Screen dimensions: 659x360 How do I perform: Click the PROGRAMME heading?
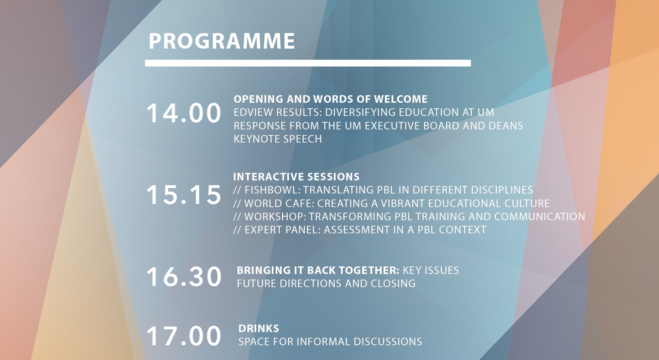pos(222,41)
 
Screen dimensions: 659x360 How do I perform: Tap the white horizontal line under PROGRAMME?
pos(308,63)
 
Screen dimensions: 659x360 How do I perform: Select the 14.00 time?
pos(184,113)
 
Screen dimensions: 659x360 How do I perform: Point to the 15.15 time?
pos(184,195)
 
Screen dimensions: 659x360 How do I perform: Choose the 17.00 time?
pos(184,336)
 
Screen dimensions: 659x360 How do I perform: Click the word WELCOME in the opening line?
pos(401,99)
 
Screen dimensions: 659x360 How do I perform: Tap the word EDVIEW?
pos(253,112)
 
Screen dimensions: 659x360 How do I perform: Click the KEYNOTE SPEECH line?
pos(278,139)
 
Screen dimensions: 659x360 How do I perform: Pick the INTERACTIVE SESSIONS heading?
pos(296,177)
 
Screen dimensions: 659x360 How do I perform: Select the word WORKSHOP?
pos(275,217)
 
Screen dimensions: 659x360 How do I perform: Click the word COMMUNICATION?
pos(539,217)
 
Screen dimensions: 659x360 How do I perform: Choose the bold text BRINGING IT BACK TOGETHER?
pos(318,270)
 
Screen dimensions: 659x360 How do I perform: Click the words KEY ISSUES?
pos(431,270)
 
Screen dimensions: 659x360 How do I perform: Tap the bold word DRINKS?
pos(259,329)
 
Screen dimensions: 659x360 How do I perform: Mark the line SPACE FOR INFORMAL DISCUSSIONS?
pos(330,342)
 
